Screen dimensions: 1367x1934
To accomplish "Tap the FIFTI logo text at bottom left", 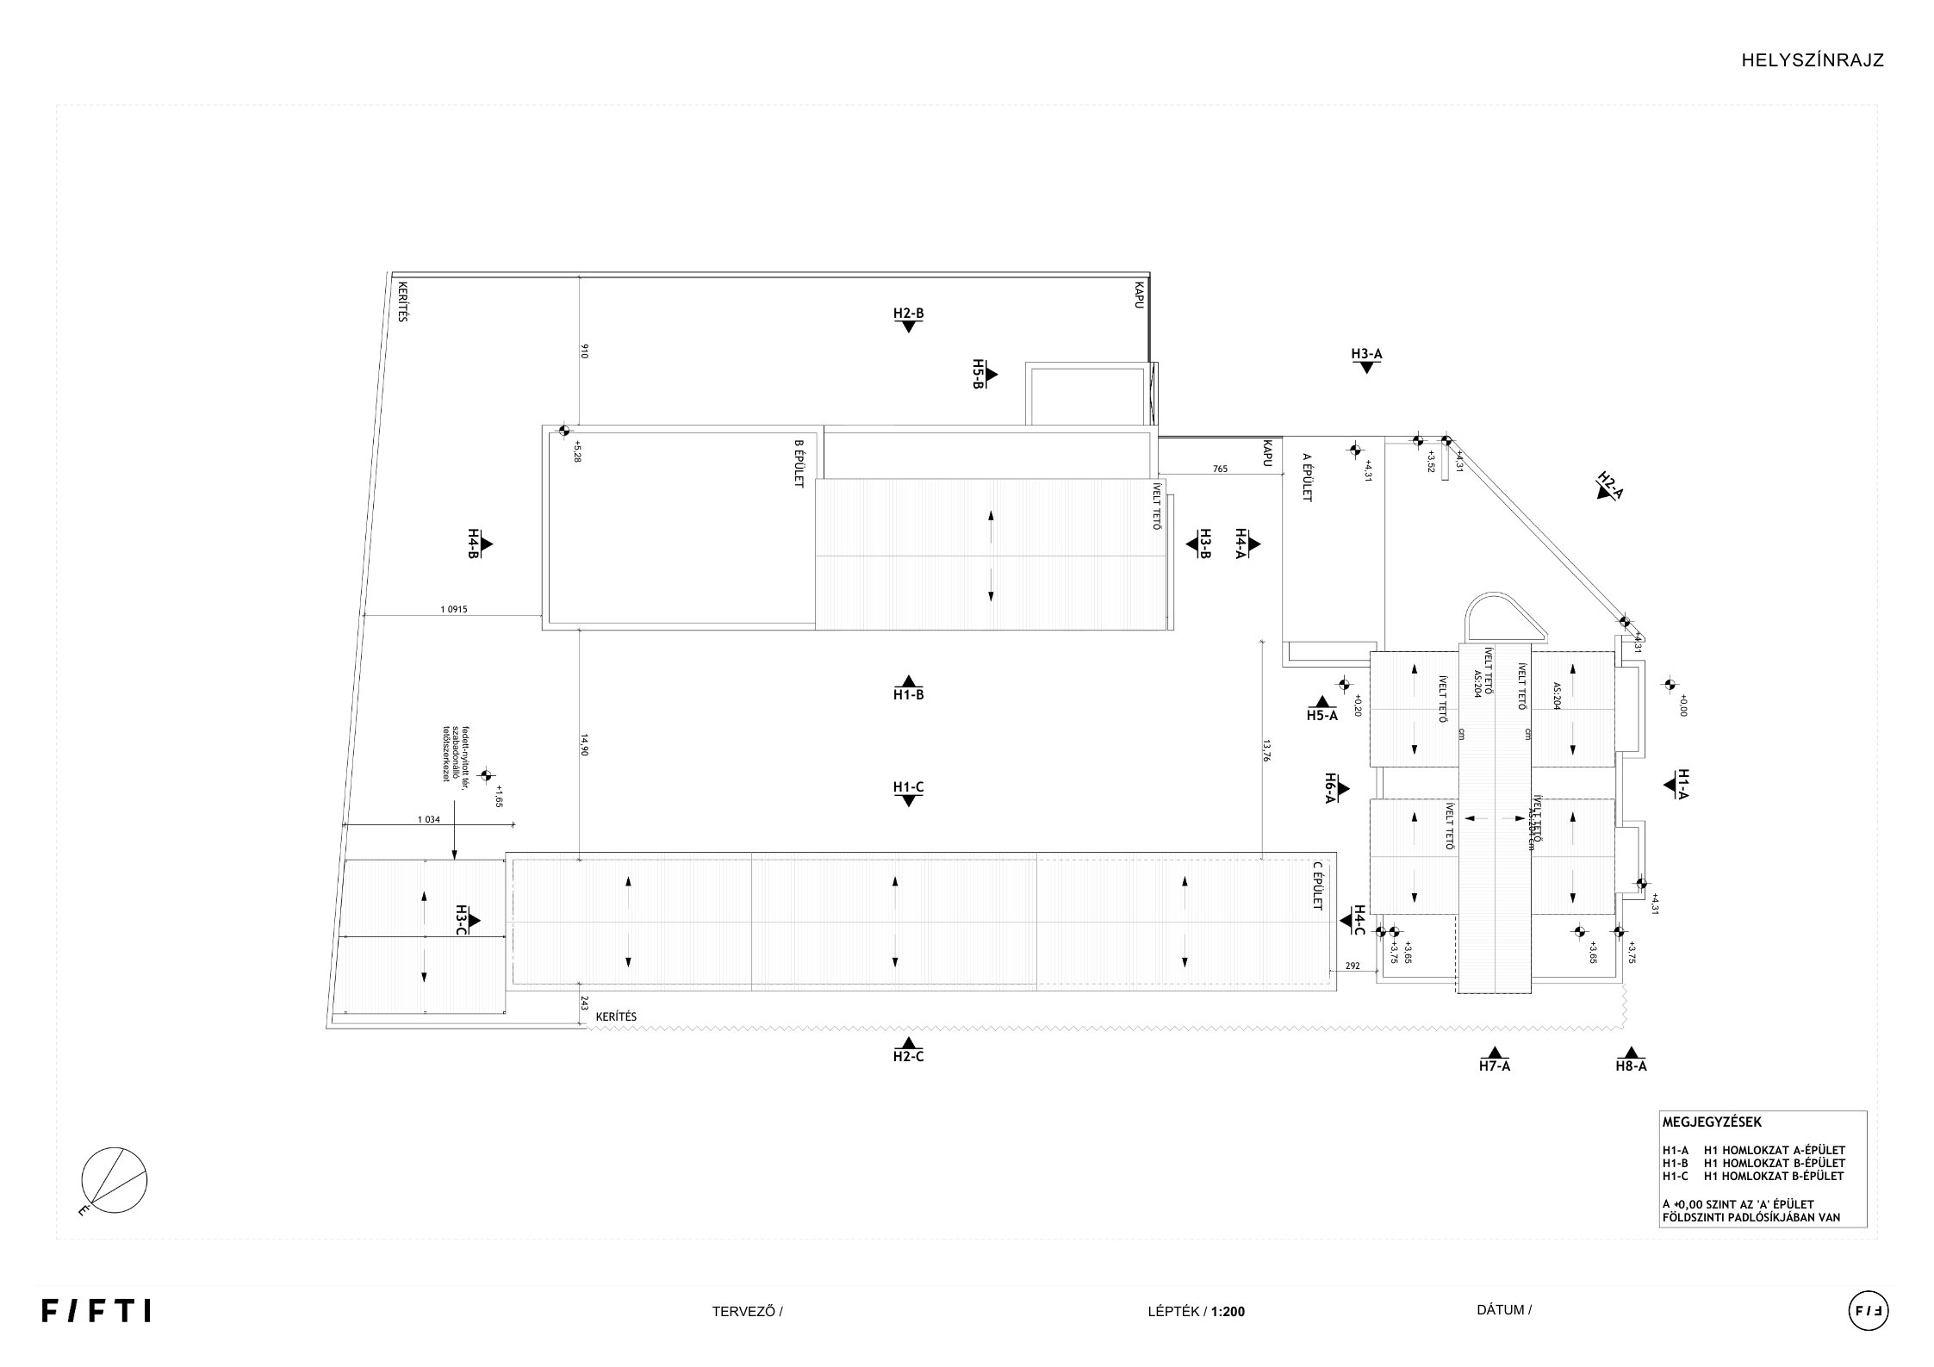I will (x=96, y=1312).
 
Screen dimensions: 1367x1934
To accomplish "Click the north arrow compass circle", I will (x=115, y=1180).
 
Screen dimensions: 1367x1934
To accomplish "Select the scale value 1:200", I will (x=1228, y=1313).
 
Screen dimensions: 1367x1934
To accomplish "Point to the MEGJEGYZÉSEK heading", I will (x=1712, y=1122).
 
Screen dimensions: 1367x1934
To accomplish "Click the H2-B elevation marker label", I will (x=908, y=314).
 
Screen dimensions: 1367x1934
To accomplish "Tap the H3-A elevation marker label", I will (x=1366, y=354).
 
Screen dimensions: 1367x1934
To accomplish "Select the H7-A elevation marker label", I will (x=1495, y=1066).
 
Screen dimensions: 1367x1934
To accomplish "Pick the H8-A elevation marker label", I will (x=1631, y=1066).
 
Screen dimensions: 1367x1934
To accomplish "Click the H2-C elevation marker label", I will (x=908, y=1057).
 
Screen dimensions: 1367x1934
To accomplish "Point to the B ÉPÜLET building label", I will (x=799, y=463).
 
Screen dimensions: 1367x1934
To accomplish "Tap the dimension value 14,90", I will (x=584, y=745).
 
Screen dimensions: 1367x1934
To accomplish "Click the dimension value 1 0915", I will (x=453, y=610).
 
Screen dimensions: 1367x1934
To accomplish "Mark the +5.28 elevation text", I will (x=577, y=452).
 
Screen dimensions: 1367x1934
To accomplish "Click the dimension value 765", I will (x=1220, y=469).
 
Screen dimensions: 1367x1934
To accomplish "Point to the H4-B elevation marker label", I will (x=473, y=544).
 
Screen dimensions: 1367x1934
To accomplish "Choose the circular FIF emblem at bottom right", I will (x=1868, y=1312).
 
